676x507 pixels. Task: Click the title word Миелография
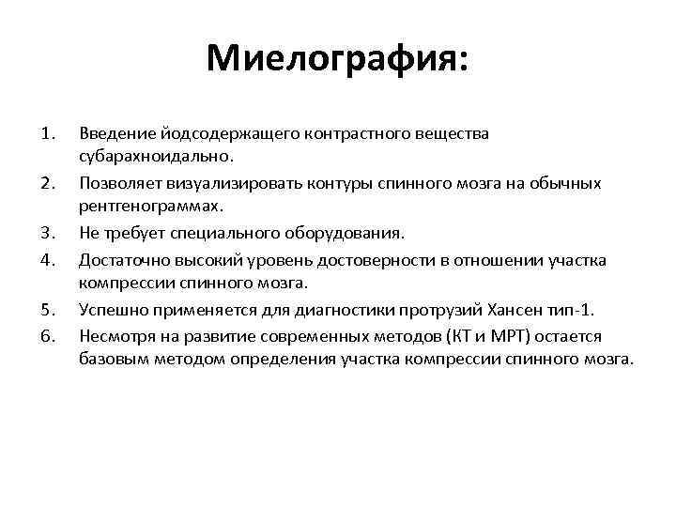pos(335,60)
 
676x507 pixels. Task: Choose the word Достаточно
pos(120,259)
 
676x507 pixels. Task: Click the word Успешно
pos(110,310)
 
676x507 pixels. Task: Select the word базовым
pos(111,361)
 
